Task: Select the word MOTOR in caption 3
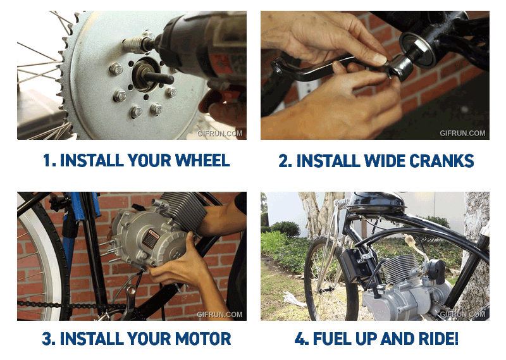(203, 338)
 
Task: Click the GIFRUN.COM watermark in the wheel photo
(219, 133)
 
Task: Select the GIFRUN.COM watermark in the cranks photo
(462, 133)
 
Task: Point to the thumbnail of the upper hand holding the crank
(379, 59)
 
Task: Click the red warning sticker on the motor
(151, 239)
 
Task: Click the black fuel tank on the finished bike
(377, 202)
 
